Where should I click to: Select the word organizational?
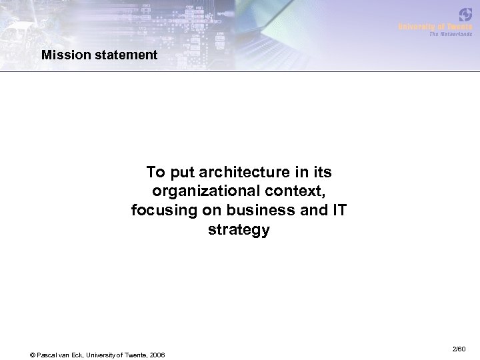click(x=197, y=192)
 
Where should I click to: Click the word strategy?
click(x=239, y=231)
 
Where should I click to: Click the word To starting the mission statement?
click(x=155, y=173)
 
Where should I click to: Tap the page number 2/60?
click(x=458, y=349)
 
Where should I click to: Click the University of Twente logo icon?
click(x=465, y=14)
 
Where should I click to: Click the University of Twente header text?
click(x=435, y=26)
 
